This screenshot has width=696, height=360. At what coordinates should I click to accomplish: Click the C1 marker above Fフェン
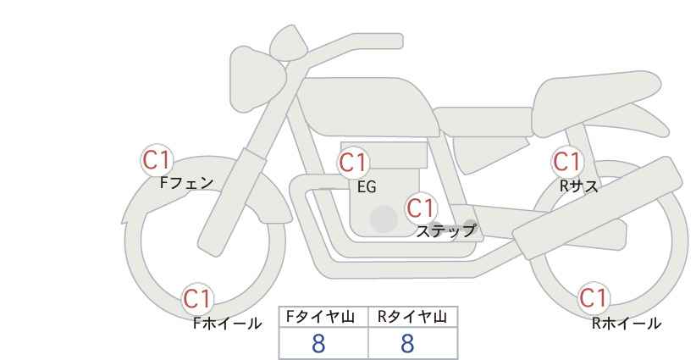point(157,160)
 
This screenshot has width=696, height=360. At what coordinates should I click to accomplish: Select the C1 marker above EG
point(353,163)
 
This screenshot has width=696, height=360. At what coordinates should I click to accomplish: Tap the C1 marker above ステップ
point(421,208)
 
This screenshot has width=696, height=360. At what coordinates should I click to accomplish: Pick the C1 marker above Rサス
point(566,162)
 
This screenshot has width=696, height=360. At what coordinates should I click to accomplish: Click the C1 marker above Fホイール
point(197,299)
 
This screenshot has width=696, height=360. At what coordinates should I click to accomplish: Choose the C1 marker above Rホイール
point(593,298)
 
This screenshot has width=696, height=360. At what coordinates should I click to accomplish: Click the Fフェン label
point(186,183)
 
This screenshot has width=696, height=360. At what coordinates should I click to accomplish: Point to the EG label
point(367,187)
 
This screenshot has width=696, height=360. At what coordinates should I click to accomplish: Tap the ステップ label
point(445,231)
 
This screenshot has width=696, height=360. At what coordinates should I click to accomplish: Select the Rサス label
point(578,186)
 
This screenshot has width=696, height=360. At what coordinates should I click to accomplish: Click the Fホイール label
point(227,324)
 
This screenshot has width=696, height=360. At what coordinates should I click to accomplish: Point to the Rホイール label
point(627,324)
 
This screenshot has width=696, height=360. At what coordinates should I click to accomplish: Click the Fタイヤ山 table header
point(320,317)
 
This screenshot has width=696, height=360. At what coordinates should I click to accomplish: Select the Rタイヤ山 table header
point(412,317)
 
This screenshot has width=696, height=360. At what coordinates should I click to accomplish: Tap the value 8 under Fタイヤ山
point(318,344)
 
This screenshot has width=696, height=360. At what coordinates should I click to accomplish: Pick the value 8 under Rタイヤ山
point(407,344)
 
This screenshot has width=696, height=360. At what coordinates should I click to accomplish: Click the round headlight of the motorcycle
point(257,80)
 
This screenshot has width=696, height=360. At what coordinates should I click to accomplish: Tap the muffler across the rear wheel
point(598,208)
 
